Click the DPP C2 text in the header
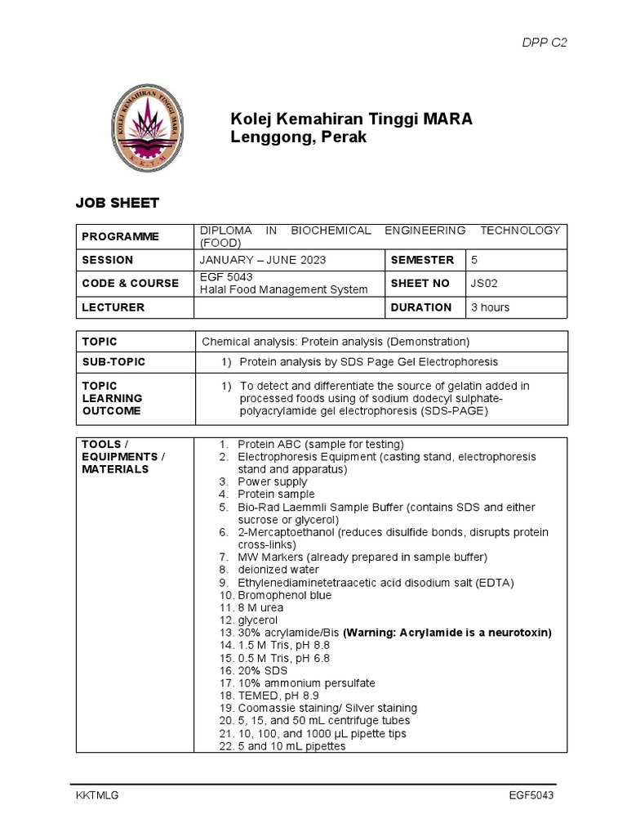[x=544, y=43]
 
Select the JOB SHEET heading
[x=118, y=203]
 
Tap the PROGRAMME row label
[x=120, y=236]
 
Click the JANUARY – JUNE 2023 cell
[x=262, y=260]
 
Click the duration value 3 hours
[x=490, y=307]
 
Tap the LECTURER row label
[x=113, y=307]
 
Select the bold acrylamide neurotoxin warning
[x=447, y=633]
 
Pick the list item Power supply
[x=272, y=482]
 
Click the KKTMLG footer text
[x=97, y=794]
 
